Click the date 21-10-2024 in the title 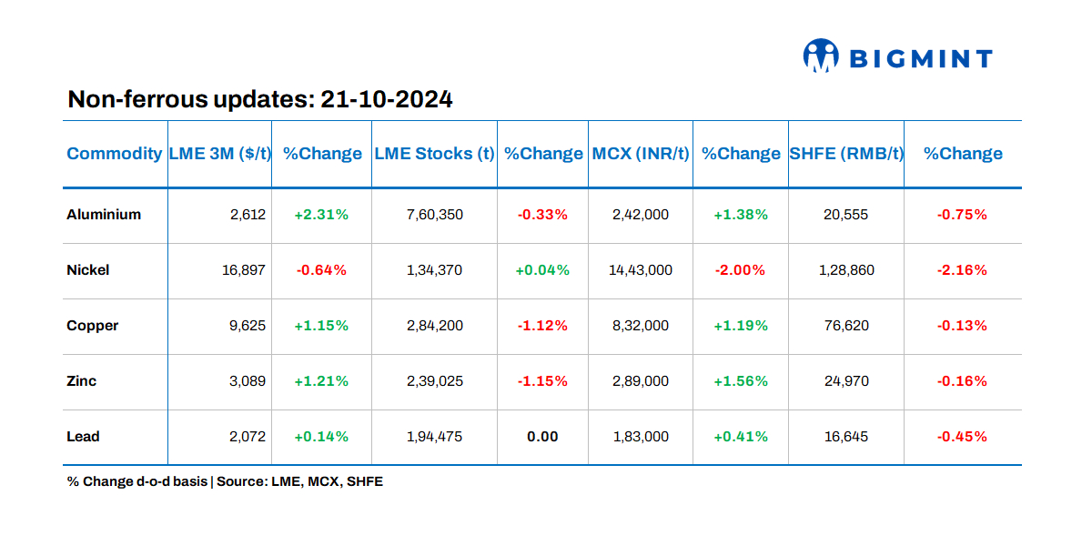tap(387, 99)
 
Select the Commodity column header tap(114, 154)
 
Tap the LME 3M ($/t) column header tap(219, 154)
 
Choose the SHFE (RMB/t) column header tap(845, 154)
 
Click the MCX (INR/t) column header tap(641, 154)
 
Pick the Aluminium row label tap(104, 215)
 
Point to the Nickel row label tap(88, 270)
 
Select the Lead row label tap(83, 437)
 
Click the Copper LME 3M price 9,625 tap(248, 326)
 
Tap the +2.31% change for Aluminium tap(321, 215)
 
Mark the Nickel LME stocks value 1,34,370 tap(434, 270)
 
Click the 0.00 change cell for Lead tap(542, 437)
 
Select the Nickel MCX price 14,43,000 tap(641, 270)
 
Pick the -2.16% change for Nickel tap(962, 270)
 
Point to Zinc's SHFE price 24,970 tap(845, 381)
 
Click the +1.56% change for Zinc tap(741, 381)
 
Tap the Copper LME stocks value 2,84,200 tap(434, 326)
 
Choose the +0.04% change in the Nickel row tap(542, 270)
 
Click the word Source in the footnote tap(241, 481)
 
